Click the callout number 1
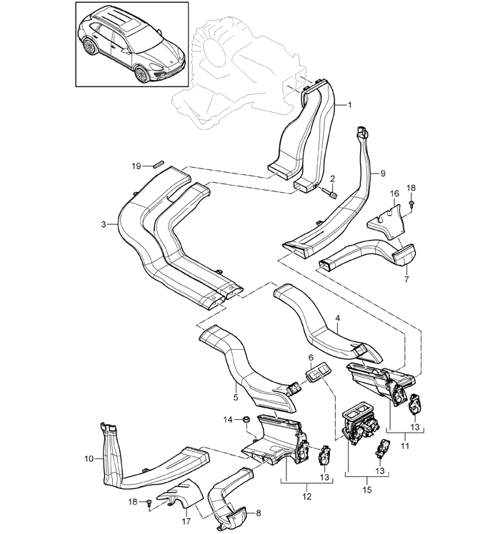[x=349, y=104]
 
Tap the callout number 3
[x=104, y=224]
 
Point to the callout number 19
[x=136, y=166]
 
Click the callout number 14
[x=228, y=418]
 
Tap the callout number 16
[x=394, y=193]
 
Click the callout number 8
[x=258, y=512]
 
